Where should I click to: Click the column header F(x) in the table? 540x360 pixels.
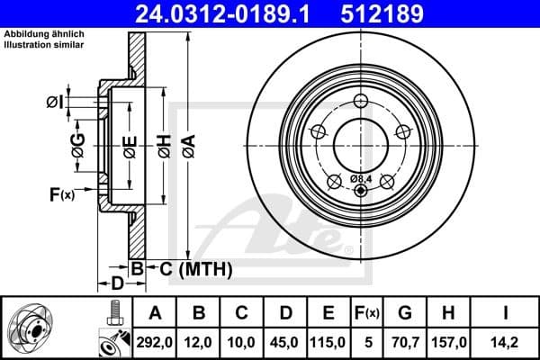tap(368, 312)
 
